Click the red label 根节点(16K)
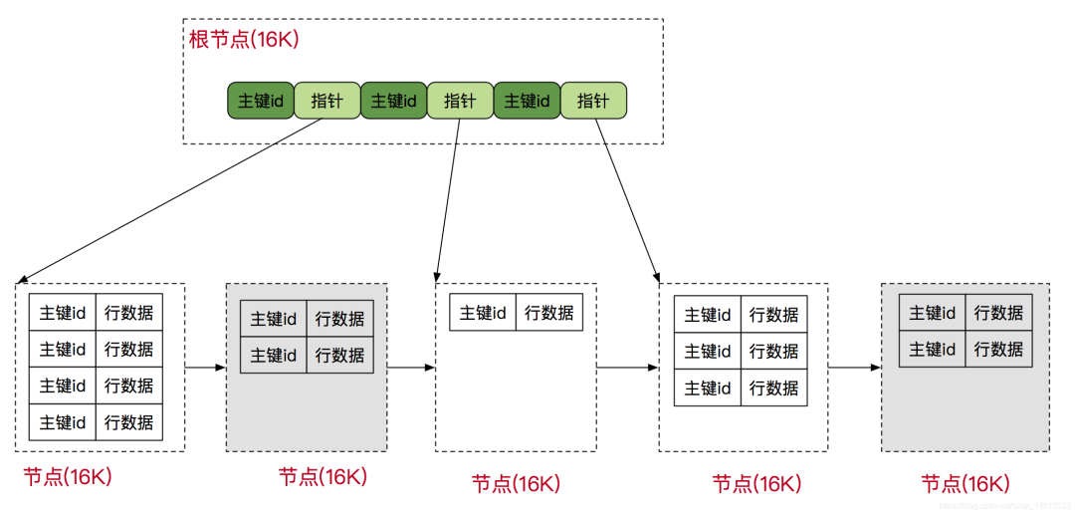[x=244, y=41]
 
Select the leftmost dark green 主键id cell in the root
[x=260, y=101]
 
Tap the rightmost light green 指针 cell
[x=593, y=101]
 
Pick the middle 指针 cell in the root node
[x=460, y=101]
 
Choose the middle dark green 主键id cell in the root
[x=393, y=101]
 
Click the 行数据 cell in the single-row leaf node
[x=549, y=312]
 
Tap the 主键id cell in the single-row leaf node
[x=483, y=312]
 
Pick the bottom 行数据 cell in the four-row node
[x=129, y=422]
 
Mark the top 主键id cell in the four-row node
[x=63, y=313]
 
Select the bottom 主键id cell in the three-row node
[x=708, y=387]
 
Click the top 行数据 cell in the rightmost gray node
[x=998, y=313]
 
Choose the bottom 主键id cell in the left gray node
[x=273, y=356]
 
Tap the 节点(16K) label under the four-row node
[x=68, y=477]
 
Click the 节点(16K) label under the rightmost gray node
[x=966, y=484]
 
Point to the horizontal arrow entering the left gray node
[x=206, y=368]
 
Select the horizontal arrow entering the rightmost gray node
[x=855, y=368]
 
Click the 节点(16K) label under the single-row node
[x=516, y=484]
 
